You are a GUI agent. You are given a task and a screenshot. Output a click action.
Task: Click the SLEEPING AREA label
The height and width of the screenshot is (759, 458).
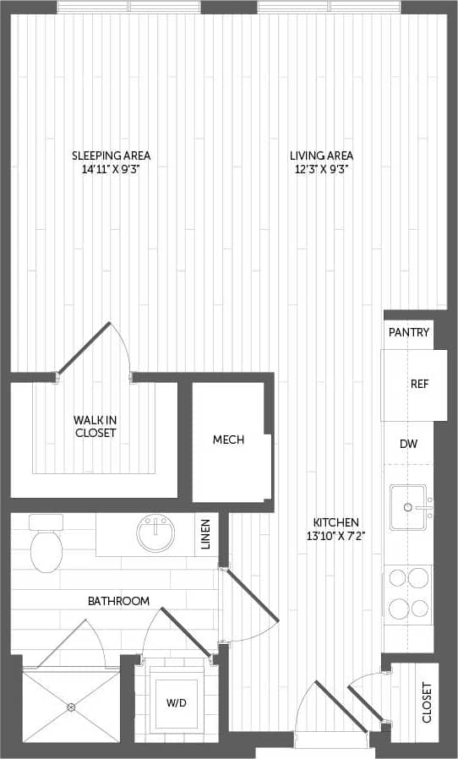[111, 156]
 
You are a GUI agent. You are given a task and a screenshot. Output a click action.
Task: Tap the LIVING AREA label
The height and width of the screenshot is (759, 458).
[321, 156]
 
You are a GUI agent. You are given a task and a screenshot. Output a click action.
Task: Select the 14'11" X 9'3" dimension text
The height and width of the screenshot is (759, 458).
[111, 168]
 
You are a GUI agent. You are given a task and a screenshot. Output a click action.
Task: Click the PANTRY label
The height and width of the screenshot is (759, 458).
[409, 332]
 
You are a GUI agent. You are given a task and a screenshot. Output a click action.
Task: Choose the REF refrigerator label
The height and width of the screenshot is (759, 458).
[420, 384]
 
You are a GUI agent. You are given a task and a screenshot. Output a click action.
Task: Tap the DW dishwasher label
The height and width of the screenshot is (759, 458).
[409, 444]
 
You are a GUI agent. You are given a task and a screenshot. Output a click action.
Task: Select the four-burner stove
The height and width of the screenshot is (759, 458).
[408, 594]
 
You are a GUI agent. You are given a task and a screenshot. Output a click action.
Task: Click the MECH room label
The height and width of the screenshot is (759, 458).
[228, 440]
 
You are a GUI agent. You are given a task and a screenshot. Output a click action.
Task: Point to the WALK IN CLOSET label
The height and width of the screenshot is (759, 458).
[94, 426]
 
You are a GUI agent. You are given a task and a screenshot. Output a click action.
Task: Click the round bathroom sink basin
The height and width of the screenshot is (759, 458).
[155, 533]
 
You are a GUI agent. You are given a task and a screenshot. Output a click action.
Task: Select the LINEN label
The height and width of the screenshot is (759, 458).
[206, 534]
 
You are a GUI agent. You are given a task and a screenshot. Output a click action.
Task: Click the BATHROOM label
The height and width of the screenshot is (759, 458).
[118, 601]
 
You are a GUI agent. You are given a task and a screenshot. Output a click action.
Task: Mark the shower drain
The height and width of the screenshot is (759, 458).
[71, 707]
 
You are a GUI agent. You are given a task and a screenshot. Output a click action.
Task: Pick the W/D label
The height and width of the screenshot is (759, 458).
[177, 703]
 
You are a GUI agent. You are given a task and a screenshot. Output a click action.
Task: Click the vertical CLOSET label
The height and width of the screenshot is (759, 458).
[427, 703]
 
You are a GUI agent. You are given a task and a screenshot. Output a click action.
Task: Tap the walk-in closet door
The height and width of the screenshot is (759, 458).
[85, 347]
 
